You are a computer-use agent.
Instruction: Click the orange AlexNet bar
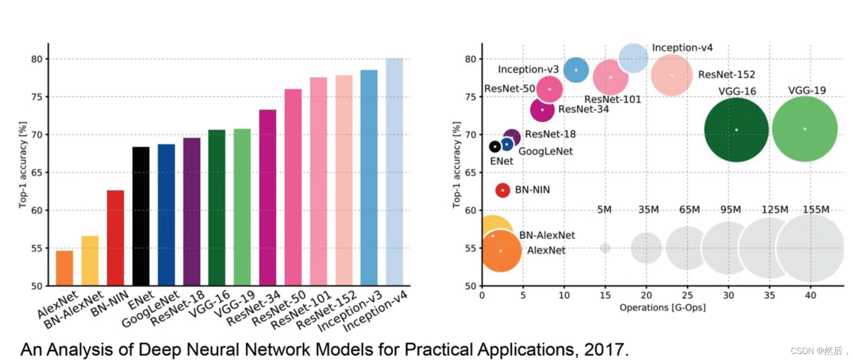tap(64, 268)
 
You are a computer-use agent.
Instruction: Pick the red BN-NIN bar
tap(115, 238)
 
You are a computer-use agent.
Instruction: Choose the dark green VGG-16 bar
tap(217, 207)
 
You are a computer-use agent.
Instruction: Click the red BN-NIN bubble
tap(503, 190)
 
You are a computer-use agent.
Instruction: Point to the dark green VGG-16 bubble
tap(736, 130)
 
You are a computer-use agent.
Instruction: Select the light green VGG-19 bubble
tap(805, 129)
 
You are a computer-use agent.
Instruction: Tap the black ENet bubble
tap(495, 146)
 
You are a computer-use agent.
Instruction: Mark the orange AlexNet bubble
tap(501, 251)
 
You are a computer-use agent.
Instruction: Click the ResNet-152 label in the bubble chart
tap(727, 74)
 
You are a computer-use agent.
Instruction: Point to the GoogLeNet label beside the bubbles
tap(546, 151)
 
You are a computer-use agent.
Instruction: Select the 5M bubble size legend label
tap(604, 210)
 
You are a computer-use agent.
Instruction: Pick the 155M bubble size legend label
tap(816, 210)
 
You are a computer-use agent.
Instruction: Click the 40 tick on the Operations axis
tap(810, 295)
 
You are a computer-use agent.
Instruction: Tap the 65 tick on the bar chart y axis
tap(36, 172)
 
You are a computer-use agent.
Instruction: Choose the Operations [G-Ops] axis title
tap(662, 308)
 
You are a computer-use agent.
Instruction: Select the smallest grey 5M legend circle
tap(605, 248)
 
